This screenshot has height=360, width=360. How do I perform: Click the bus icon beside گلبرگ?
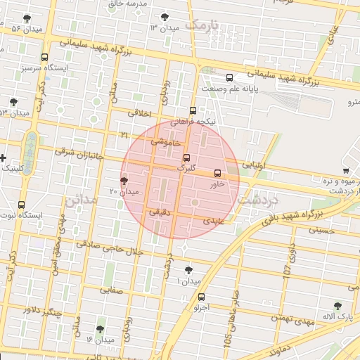(x=186, y=158)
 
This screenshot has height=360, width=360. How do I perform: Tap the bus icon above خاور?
(x=217, y=173)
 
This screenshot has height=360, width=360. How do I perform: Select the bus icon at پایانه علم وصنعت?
(x=229, y=79)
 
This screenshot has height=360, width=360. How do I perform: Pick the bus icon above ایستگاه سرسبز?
(x=45, y=58)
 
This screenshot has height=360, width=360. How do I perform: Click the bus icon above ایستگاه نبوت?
(x=21, y=205)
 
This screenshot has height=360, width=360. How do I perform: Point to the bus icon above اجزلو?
(x=202, y=297)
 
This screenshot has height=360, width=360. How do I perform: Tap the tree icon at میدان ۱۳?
(x=165, y=16)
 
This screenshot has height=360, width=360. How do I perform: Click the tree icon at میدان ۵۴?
(x=27, y=19)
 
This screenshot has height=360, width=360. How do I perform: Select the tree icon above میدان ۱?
(x=188, y=270)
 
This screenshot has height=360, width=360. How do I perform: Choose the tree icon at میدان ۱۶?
(x=99, y=329)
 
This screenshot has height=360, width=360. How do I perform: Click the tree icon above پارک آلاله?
(x=337, y=307)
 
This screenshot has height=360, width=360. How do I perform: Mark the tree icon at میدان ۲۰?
(x=124, y=181)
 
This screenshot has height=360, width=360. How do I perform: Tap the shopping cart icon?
(x=346, y=170)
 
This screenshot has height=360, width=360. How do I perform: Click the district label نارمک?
(x=202, y=27)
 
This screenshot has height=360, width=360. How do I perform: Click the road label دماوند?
(x=269, y=349)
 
